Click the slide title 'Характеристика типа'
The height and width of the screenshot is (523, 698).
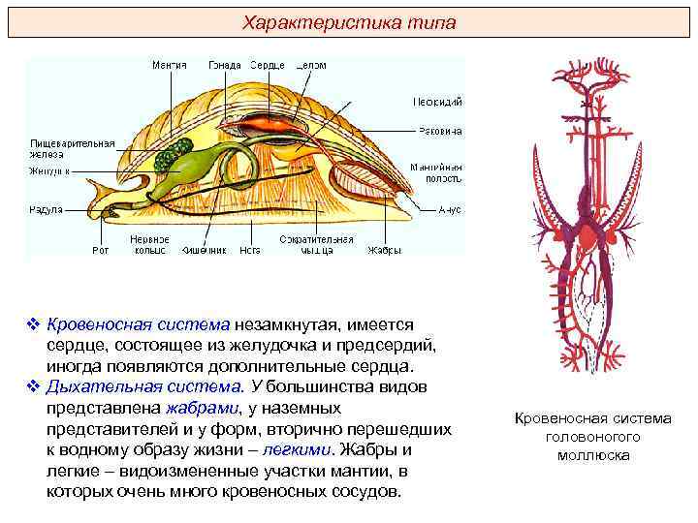click(349, 21)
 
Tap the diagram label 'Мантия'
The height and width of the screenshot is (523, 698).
click(170, 65)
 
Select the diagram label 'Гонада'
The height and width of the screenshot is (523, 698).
click(225, 65)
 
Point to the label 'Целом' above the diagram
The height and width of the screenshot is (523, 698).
click(310, 65)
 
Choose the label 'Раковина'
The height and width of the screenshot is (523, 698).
click(438, 131)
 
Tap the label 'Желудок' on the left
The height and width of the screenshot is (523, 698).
click(48, 170)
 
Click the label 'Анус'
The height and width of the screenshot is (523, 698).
click(449, 209)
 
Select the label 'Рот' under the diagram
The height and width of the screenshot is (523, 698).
click(100, 250)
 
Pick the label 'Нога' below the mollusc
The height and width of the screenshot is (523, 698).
click(250, 250)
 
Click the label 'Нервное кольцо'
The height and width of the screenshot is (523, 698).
click(149, 244)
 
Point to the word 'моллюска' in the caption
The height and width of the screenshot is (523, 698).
click(593, 454)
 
